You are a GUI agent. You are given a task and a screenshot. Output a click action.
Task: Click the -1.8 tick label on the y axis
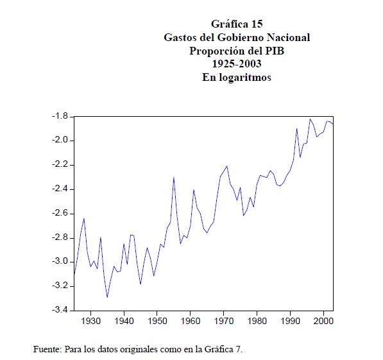(x=60, y=116)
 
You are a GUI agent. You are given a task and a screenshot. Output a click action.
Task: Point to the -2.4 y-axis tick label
(x=60, y=189)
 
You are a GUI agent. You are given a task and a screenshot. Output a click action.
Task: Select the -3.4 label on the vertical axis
(x=60, y=310)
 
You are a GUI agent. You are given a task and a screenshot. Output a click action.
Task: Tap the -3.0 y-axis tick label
(x=60, y=261)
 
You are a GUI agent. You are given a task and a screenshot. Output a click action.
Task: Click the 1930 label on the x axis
(x=90, y=321)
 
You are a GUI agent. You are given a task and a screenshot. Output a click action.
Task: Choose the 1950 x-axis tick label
(x=157, y=321)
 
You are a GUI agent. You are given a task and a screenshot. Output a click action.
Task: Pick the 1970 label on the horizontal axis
(x=224, y=321)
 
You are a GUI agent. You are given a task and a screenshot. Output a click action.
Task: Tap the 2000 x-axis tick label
(x=323, y=321)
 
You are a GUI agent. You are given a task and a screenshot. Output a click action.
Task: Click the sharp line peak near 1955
(x=174, y=177)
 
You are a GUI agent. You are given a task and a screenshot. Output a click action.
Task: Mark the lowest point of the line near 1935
(x=107, y=297)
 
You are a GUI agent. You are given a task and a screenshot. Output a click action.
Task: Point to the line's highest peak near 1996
(x=311, y=119)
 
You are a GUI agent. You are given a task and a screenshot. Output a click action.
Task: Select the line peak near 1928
(x=84, y=218)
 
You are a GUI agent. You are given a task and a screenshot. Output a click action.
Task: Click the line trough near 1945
(x=140, y=284)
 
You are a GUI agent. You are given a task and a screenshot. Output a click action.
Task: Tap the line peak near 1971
(x=227, y=166)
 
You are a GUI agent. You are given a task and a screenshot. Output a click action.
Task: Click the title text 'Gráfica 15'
(x=237, y=24)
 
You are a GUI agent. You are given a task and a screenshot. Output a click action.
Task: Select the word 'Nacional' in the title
(x=288, y=37)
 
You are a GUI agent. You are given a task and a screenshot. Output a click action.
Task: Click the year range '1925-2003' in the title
(x=237, y=64)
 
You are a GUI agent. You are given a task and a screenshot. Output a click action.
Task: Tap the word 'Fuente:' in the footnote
(x=47, y=349)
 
